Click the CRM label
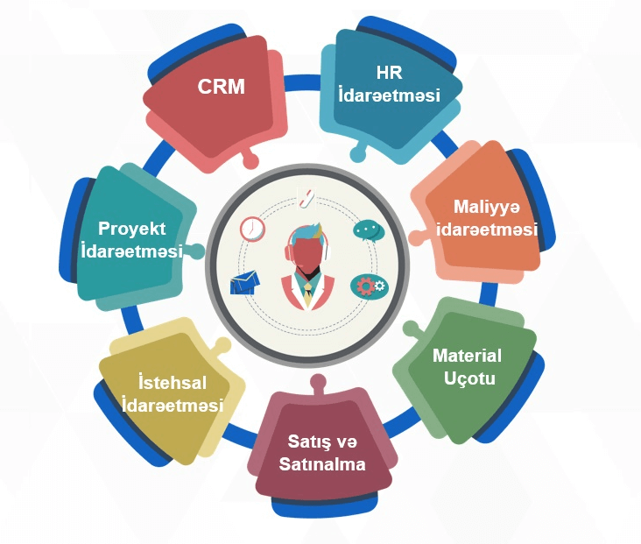pos(221,87)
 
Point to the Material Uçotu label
pos(468,367)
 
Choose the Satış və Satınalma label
pos(322,452)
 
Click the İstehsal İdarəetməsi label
pos(173,394)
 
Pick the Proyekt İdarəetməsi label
pos(131,239)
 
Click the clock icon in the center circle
pos(252,229)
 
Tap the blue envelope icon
pos(246,282)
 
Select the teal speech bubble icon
pos(369,230)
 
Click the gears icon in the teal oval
pos(368,286)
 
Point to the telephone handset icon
pos(305,198)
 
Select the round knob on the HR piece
pos(356,154)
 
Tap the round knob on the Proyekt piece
pos(198,251)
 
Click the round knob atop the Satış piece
pos(319,382)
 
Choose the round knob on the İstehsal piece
pos(222,344)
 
